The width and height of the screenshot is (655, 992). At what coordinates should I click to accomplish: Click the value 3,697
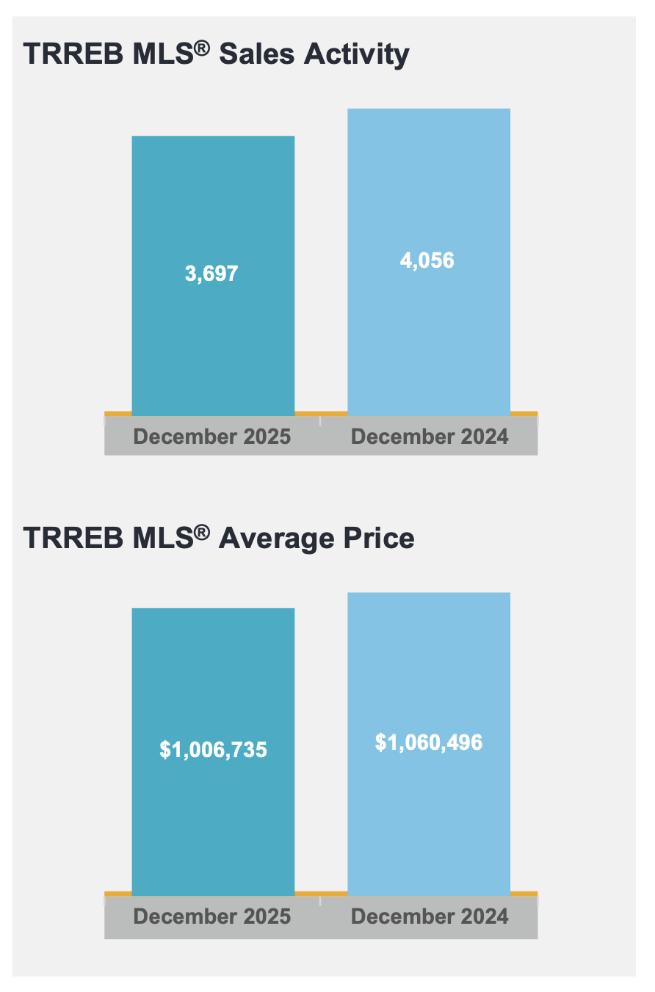click(x=211, y=274)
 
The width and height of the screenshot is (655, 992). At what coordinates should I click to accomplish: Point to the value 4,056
click(x=427, y=260)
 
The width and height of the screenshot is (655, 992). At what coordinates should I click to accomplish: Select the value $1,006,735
click(x=213, y=750)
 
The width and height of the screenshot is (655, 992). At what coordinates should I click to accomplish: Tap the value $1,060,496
click(x=429, y=742)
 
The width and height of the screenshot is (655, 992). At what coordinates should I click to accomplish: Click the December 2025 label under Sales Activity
click(x=212, y=437)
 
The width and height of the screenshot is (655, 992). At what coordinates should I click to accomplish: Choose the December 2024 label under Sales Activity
click(x=430, y=437)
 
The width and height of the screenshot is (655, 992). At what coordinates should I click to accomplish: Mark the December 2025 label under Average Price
click(x=212, y=916)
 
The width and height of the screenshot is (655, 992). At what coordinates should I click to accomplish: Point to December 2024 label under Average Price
click(x=430, y=916)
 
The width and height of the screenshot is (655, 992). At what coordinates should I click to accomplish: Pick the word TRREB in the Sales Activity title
click(x=64, y=55)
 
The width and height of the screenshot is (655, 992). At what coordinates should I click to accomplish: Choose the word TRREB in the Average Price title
click(x=64, y=539)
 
